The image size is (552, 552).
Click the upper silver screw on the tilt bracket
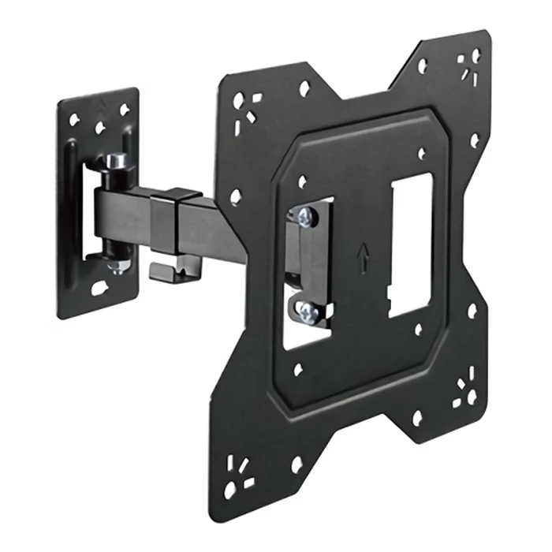click(308, 217)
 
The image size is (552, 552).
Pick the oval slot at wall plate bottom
click(100, 289)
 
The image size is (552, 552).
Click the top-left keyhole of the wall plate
click(74, 120)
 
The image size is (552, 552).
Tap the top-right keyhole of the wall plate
click(124, 110)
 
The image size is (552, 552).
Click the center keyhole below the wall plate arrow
click(99, 127)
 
